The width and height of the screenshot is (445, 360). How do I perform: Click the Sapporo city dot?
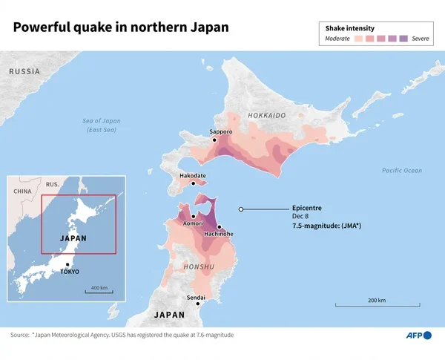(214, 140)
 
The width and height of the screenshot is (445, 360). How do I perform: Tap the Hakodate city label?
(194, 175)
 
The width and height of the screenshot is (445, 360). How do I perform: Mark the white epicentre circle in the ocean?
(241, 209)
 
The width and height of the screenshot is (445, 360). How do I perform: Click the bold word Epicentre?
(307, 209)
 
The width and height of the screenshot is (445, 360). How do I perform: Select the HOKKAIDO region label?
(266, 116)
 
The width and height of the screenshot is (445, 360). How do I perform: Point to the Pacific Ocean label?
(401, 171)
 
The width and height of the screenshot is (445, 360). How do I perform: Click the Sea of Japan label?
(102, 125)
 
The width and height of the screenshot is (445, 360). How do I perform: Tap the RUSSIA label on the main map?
(24, 71)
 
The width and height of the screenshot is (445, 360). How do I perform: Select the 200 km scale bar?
(376, 304)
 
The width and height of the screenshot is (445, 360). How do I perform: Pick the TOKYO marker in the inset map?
(68, 264)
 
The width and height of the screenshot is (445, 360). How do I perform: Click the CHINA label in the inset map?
(22, 191)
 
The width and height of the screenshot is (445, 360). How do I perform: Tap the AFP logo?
(416, 336)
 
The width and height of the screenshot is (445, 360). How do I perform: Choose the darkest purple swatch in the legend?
(403, 37)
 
